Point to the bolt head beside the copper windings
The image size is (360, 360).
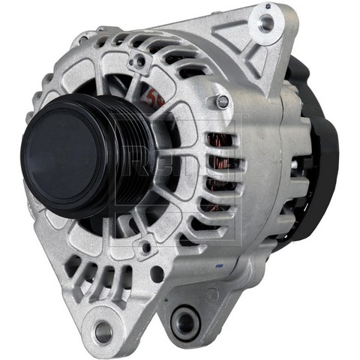tap(222, 100)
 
